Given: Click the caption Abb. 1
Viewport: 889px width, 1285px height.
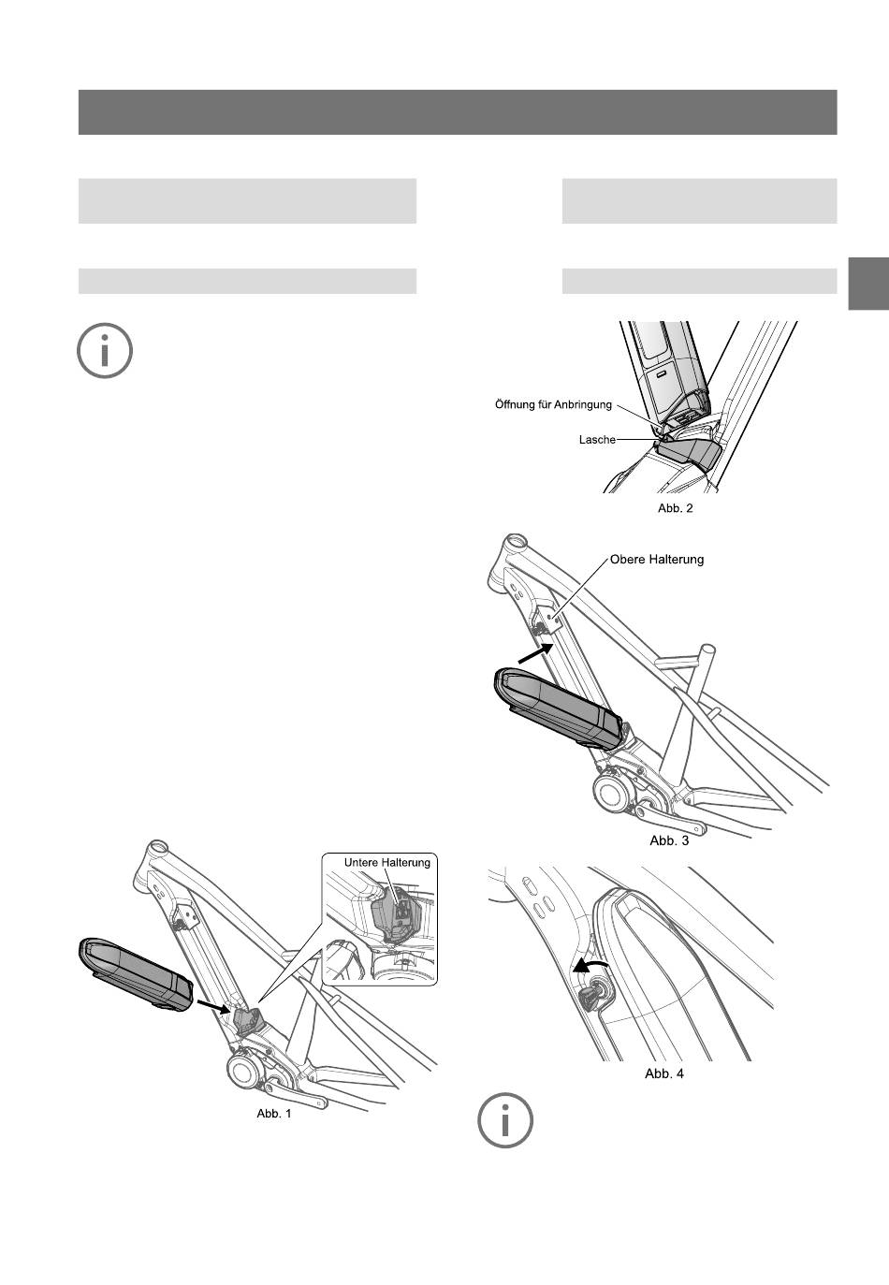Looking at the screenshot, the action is coord(274,1114).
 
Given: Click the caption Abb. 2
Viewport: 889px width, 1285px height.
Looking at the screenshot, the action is coord(676,510).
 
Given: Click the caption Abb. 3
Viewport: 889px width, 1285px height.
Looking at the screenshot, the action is coord(669,840).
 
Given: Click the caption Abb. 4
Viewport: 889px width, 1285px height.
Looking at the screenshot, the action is coord(664,1073).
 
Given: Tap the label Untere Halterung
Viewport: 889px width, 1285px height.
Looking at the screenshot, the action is coord(387,862).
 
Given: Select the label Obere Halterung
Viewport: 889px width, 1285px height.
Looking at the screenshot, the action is coord(657,560).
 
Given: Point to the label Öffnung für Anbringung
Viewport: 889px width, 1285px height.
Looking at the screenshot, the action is coord(553,404).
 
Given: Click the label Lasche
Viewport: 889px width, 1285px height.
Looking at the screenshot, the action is coord(596,439).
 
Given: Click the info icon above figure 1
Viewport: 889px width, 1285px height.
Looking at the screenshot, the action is coord(104,351).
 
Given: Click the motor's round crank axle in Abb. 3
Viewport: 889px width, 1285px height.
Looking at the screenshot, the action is coord(612,791).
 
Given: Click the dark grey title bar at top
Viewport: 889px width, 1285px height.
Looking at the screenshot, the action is coord(457,112).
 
